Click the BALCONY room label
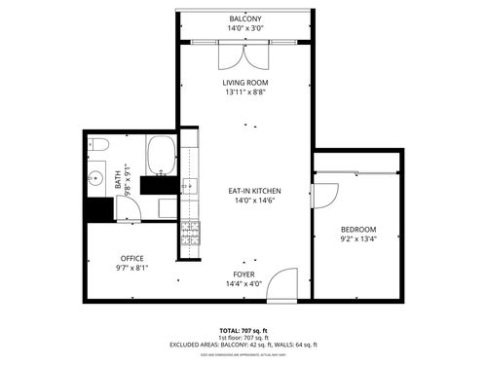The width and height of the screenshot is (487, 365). tap(244, 19)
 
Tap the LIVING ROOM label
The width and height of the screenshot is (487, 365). tap(244, 83)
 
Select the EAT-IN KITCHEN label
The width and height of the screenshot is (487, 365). tap(254, 190)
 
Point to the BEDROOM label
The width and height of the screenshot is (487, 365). tap(358, 229)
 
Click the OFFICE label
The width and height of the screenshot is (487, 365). tap(131, 258)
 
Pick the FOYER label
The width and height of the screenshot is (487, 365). tap(243, 274)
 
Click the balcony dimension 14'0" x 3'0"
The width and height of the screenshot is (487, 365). tap(244, 29)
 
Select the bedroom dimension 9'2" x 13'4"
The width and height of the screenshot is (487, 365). tap(358, 238)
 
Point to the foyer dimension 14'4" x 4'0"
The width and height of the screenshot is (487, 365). tap(243, 284)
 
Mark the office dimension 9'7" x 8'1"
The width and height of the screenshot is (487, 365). tap(131, 268)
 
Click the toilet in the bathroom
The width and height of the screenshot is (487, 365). tap(99, 146)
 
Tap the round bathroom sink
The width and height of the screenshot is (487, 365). tap(95, 179)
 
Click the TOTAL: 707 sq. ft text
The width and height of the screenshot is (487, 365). tap(243, 331)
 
